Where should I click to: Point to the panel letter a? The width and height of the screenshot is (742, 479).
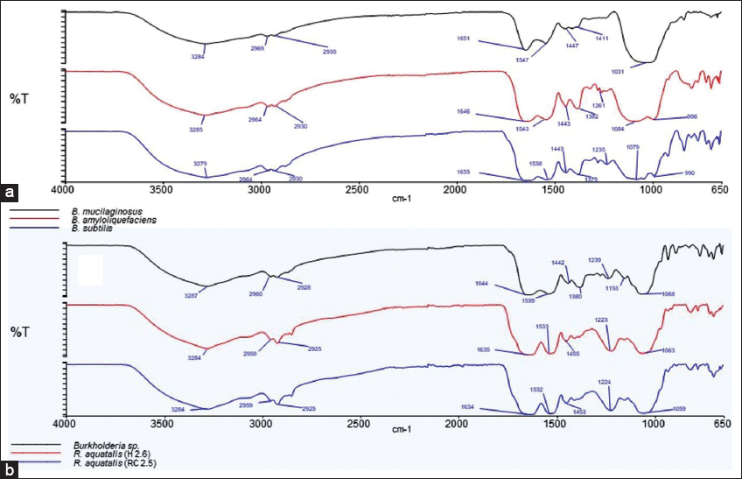[10, 189]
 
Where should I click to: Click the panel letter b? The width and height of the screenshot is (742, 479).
[10, 469]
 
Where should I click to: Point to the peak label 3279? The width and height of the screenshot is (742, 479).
[200, 163]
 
